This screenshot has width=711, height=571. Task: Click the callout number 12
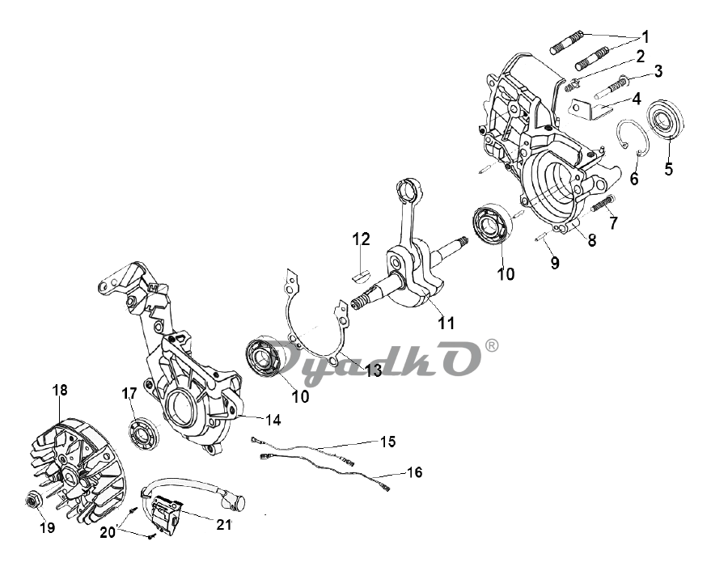(x=362, y=239)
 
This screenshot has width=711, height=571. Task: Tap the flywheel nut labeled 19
(x=33, y=501)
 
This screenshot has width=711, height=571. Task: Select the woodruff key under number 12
(x=362, y=275)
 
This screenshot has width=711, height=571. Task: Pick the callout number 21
(x=223, y=525)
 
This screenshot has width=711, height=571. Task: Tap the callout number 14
(x=273, y=420)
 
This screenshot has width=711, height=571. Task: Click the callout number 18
(x=59, y=390)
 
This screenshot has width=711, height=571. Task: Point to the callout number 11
(x=446, y=323)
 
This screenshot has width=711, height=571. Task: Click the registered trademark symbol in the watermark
(x=492, y=346)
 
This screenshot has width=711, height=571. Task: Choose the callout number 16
(x=415, y=472)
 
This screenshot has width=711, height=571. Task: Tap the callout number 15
(x=387, y=442)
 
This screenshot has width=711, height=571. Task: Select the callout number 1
(x=645, y=36)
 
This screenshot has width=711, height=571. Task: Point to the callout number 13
(x=374, y=370)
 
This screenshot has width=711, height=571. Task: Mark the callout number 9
(x=555, y=263)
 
